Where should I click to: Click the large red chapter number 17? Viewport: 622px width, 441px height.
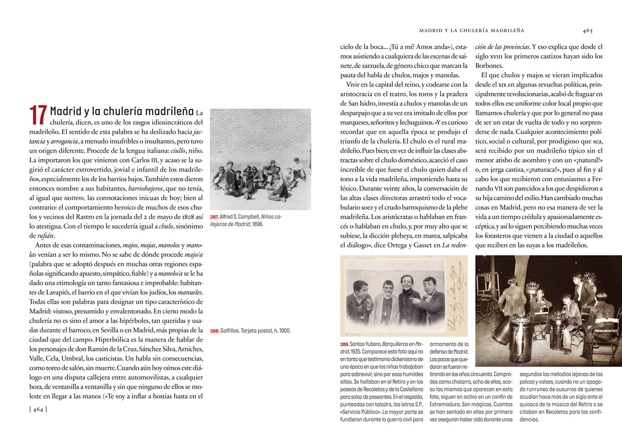(x=38, y=115)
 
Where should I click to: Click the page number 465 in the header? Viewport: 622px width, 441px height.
(x=587, y=30)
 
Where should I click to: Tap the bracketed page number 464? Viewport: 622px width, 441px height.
(x=38, y=409)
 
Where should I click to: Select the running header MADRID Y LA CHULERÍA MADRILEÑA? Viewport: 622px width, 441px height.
(x=471, y=30)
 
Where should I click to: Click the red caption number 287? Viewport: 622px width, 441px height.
(x=214, y=217)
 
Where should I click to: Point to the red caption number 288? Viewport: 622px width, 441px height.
(x=214, y=331)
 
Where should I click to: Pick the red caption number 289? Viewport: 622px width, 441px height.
(x=344, y=345)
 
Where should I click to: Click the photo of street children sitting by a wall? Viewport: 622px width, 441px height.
(x=260, y=159)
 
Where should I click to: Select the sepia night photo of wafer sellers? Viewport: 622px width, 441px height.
(x=548, y=311)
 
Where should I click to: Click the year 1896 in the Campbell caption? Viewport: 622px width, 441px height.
(x=258, y=224)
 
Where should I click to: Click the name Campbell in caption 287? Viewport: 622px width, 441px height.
(x=248, y=217)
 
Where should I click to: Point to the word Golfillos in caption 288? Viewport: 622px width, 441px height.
(x=229, y=331)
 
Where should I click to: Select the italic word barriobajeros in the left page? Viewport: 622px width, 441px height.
(x=146, y=188)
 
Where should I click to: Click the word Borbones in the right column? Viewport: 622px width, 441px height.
(x=489, y=65)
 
